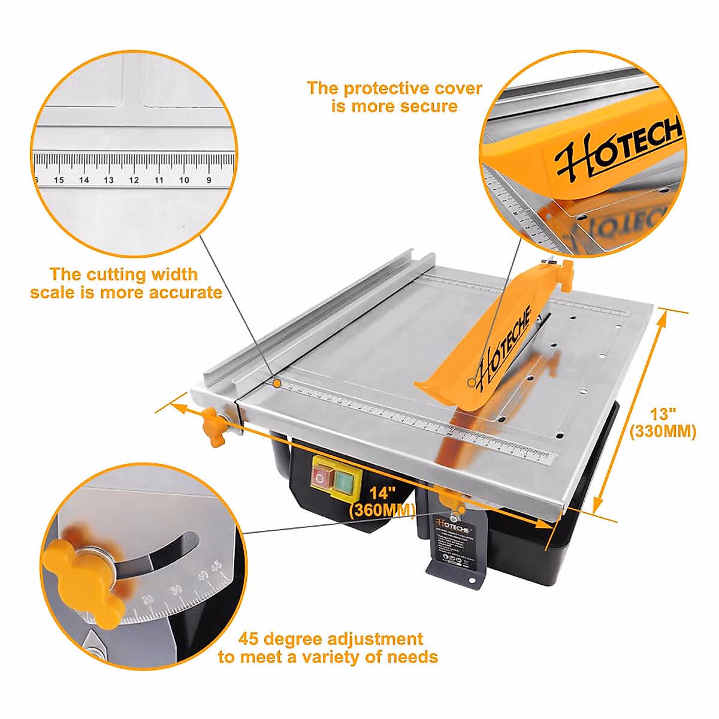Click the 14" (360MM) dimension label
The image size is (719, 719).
(x=382, y=502)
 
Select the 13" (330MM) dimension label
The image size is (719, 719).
(x=663, y=423)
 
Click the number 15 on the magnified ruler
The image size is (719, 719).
(x=59, y=180)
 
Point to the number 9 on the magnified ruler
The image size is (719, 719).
(x=209, y=180)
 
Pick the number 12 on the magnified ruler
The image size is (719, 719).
(x=134, y=180)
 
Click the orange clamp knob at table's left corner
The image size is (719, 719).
(x=214, y=426)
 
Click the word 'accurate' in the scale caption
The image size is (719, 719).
(x=185, y=292)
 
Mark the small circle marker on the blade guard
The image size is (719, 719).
(x=472, y=382)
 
